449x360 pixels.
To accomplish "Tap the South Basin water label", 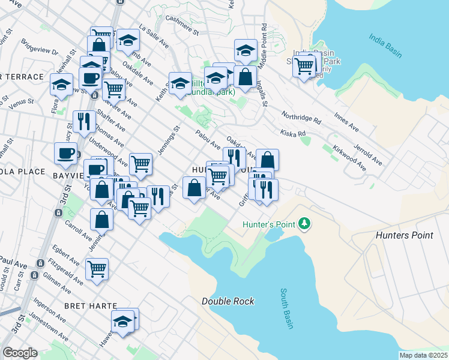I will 286,309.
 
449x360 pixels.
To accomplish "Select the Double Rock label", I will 228,301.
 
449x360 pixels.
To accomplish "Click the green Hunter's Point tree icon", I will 306,224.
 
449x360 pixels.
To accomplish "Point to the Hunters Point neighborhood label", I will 404,235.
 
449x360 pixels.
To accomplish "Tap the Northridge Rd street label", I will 302,116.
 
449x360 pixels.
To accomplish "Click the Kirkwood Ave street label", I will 351,157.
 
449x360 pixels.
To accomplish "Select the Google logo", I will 20,353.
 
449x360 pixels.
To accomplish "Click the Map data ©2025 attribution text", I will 423,355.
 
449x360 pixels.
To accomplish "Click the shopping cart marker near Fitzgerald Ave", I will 97,269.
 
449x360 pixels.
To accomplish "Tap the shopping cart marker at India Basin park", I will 305,65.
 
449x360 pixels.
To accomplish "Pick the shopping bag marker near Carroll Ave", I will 102,220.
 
